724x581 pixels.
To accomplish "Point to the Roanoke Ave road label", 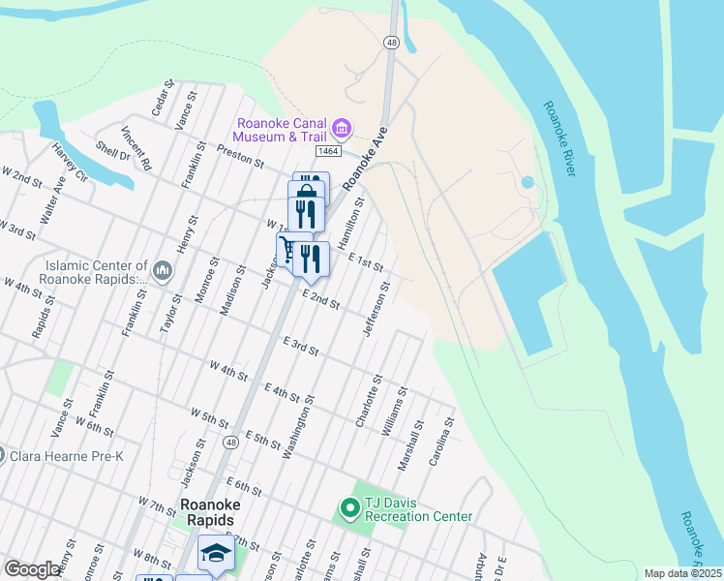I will [367, 156].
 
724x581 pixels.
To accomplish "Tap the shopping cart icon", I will [287, 250].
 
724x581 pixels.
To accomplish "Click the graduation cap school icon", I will [216, 554].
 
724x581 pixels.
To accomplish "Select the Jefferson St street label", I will [376, 311].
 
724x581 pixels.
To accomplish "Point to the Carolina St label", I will [440, 441].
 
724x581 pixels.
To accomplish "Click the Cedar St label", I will [161, 99].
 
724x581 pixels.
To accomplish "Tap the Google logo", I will [32, 569].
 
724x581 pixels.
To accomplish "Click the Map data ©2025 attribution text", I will [683, 573].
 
